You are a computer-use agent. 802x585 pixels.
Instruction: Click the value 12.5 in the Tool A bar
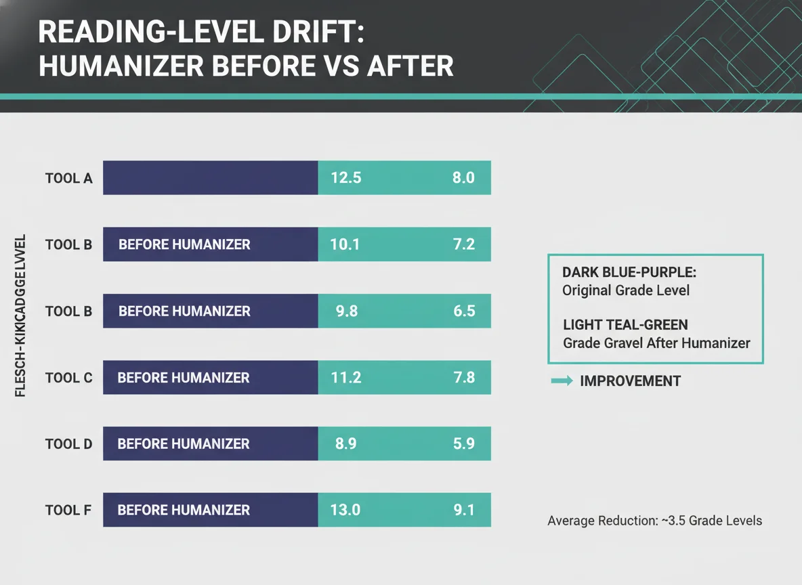point(345,179)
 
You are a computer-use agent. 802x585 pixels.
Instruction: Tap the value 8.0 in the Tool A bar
point(463,179)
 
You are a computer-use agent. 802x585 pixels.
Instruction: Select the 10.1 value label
point(345,244)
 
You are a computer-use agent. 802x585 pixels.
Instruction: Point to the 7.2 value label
point(463,244)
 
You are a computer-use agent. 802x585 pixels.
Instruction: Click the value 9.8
point(346,311)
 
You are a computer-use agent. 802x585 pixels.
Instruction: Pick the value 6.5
point(463,311)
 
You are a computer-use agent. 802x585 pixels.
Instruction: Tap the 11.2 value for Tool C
point(345,378)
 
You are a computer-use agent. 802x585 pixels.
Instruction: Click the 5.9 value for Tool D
point(463,444)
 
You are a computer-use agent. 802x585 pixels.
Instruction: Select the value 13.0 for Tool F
point(345,511)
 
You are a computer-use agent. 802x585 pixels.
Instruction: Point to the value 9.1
point(463,511)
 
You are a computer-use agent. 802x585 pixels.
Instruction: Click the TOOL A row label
point(68,179)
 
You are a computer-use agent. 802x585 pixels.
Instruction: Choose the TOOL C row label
point(68,378)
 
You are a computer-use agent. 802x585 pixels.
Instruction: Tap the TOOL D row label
point(68,444)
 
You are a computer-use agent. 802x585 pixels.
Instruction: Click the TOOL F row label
point(68,511)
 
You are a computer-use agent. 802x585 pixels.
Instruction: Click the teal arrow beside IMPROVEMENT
point(562,381)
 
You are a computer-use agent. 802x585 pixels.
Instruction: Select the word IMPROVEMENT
point(630,381)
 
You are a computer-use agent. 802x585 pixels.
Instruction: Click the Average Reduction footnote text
point(654,521)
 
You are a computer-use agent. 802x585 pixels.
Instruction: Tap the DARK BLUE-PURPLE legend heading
point(629,272)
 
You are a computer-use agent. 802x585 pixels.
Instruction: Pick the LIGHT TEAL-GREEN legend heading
point(626,325)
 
